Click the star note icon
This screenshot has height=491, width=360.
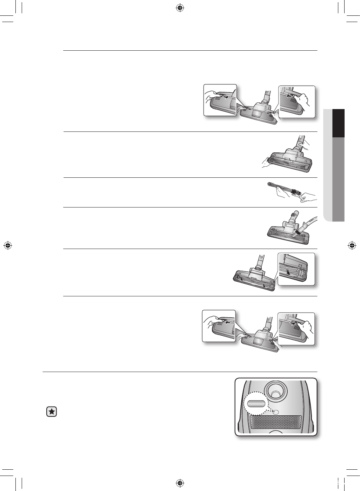(52, 412)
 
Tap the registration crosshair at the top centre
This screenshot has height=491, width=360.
(180, 8)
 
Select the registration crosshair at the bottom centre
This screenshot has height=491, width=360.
(180, 483)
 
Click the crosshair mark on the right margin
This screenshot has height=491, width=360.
(352, 245)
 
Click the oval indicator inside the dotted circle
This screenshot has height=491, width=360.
(256, 404)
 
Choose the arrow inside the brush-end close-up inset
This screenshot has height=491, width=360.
(290, 273)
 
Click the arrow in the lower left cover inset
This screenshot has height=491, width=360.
(228, 322)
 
